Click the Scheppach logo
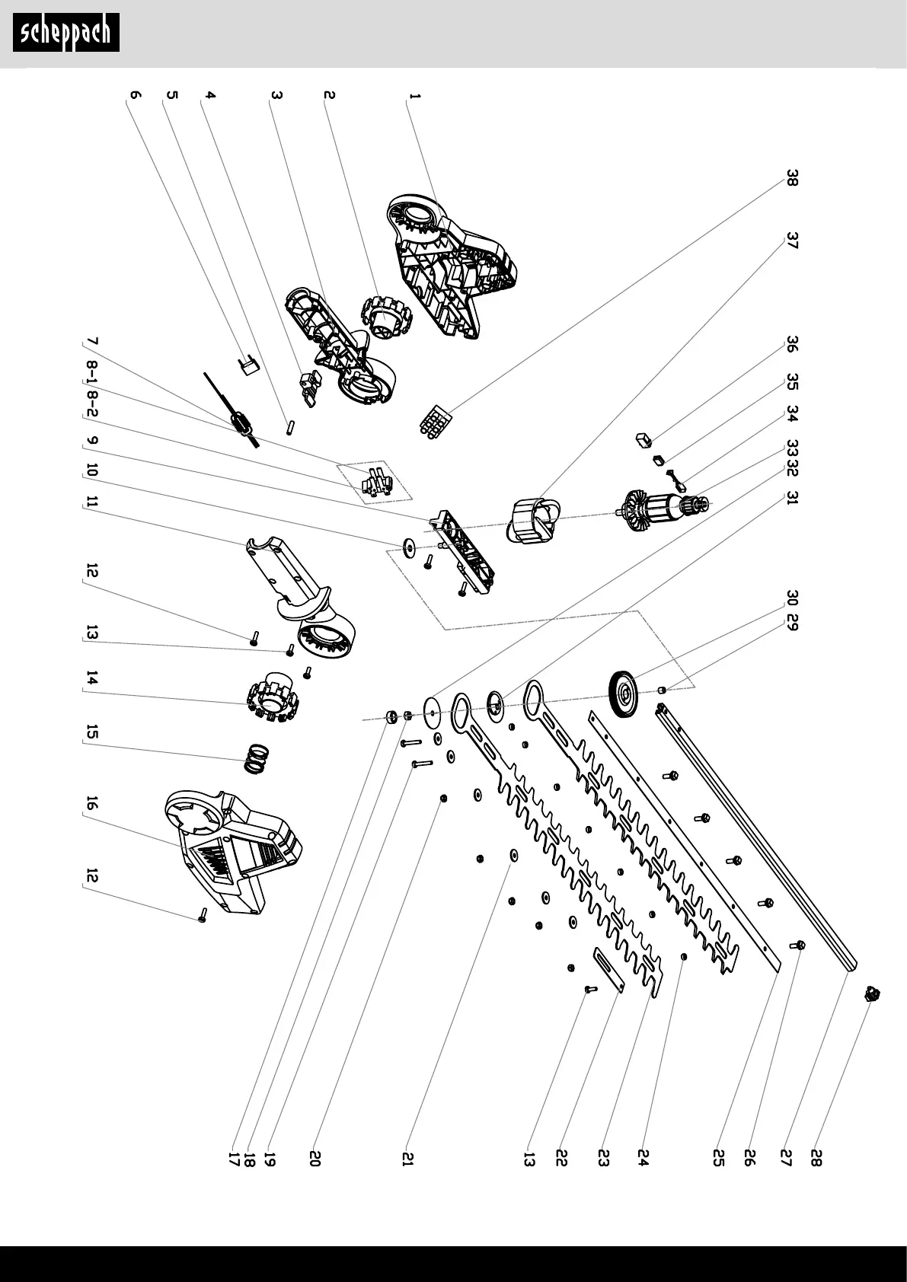pos(66,33)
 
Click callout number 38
pos(792,178)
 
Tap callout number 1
pos(415,97)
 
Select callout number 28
pos(816,1158)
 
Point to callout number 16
pos(91,803)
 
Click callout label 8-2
pos(91,404)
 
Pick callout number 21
pos(407,1159)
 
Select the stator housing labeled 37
pos(533,518)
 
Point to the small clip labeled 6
pos(248,365)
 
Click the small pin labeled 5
pos(291,428)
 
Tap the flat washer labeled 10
pos(410,547)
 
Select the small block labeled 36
pos(644,440)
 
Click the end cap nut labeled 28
pos(871,994)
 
